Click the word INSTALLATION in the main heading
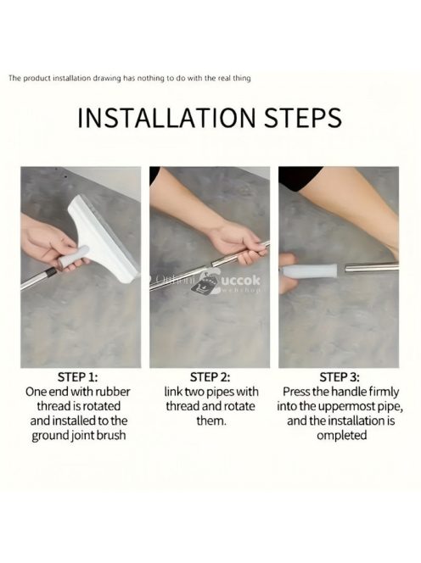[166, 117]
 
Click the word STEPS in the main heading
[303, 117]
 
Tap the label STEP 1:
[77, 377]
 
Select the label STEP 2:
[210, 377]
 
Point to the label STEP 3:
[340, 377]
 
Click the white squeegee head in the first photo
[103, 237]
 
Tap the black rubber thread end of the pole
[51, 273]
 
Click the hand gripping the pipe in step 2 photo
[238, 244]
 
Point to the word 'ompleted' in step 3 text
[341, 436]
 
